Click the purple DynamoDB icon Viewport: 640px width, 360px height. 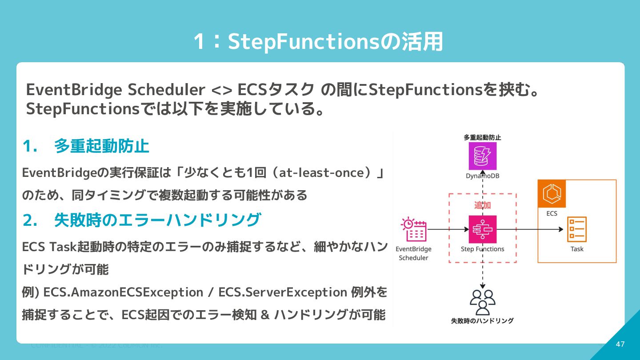click(482, 156)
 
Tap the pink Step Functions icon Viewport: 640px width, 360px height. click(482, 229)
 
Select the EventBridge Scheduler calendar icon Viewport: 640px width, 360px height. click(414, 229)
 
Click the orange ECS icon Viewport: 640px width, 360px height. click(552, 194)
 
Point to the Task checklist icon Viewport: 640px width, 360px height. click(577, 229)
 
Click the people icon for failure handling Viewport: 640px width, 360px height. click(483, 302)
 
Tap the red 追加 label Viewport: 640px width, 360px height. click(482, 205)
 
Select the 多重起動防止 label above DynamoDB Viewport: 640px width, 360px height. click(482, 137)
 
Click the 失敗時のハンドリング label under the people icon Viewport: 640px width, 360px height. click(482, 320)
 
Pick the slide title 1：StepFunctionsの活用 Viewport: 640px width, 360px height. click(318, 42)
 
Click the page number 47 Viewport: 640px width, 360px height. click(620, 344)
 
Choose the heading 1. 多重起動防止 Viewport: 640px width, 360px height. click(86, 146)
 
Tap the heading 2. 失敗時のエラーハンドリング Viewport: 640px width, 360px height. click(141, 220)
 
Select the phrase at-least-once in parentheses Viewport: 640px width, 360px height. click(321, 172)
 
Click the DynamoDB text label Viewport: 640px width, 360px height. click(482, 176)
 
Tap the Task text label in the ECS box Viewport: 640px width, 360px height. click(577, 249)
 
